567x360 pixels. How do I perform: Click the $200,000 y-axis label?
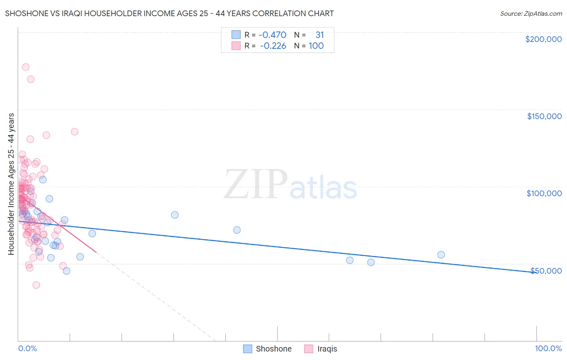point(543,39)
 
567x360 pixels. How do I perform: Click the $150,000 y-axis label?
point(544,116)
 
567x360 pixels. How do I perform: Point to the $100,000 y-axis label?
point(544,193)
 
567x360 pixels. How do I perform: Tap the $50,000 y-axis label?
point(546,270)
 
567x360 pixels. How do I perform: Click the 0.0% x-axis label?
point(27,348)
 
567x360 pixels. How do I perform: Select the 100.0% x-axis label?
point(548,348)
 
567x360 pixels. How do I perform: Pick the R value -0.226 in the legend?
point(273,46)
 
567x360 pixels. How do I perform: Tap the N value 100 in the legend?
point(316,46)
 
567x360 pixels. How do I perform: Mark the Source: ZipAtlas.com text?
point(531,13)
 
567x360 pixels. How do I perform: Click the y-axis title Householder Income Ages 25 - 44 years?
point(11,184)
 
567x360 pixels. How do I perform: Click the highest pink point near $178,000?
point(25,67)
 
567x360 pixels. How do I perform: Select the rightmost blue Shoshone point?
point(441,255)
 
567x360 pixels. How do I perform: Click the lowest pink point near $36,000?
point(36,285)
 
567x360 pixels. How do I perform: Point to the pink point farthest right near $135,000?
point(74,132)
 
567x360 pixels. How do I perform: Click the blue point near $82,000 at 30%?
point(175,215)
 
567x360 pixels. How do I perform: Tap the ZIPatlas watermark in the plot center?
point(290,185)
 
